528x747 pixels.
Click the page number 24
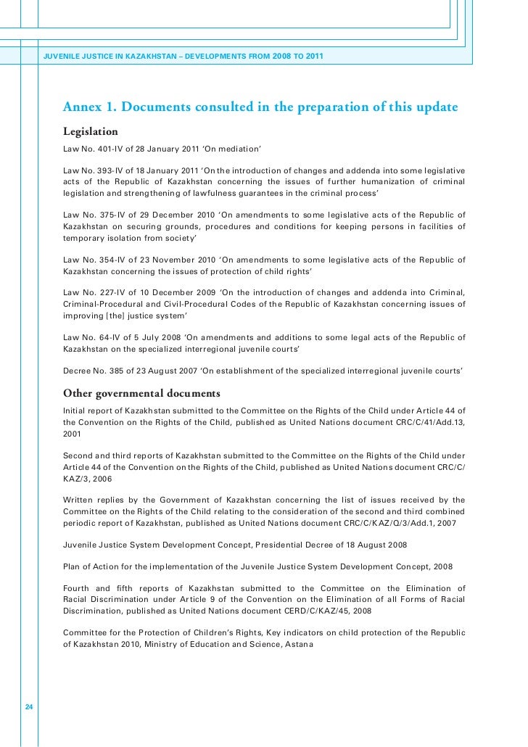coord(30,707)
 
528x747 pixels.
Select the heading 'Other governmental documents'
coord(141,394)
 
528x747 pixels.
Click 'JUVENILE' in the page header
coord(62,57)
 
